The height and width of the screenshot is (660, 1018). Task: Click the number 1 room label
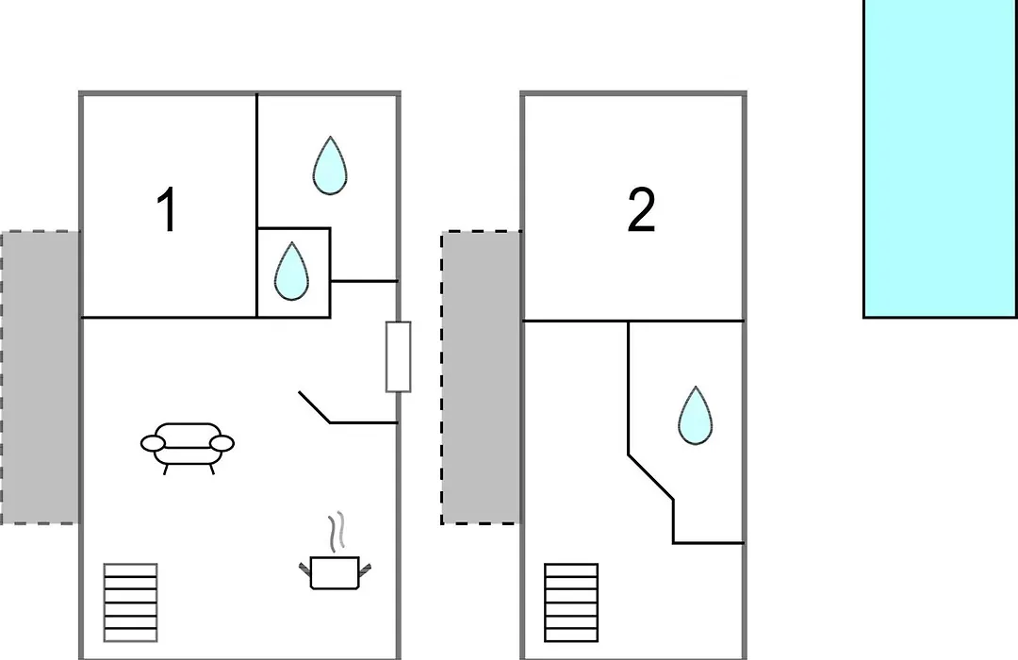coord(167,209)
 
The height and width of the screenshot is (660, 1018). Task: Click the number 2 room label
coord(642,209)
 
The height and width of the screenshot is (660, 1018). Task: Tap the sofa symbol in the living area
coord(187,448)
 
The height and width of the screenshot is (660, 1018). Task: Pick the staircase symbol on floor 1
coord(130,602)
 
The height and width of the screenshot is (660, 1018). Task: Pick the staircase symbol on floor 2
coord(571,602)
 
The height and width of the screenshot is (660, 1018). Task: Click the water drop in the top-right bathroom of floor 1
coord(330,166)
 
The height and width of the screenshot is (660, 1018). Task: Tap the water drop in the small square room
coord(291,272)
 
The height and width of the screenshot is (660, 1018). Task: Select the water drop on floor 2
coord(695,416)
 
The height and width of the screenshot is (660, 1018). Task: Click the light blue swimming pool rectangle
coord(940,158)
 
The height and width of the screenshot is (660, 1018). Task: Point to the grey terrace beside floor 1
coord(41,377)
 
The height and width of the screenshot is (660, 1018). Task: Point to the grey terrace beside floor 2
coord(481,377)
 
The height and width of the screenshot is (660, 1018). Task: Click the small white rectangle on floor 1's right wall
coord(398,356)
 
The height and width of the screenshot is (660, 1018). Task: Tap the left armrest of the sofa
coord(154,444)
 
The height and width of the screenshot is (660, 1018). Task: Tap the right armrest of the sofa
coord(222,444)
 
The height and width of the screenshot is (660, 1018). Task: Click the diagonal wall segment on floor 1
coord(315,407)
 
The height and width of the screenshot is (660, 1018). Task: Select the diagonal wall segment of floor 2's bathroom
coord(650,477)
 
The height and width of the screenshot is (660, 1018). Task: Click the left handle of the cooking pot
coord(305,569)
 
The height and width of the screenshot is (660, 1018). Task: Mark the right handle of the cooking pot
coord(365,569)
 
